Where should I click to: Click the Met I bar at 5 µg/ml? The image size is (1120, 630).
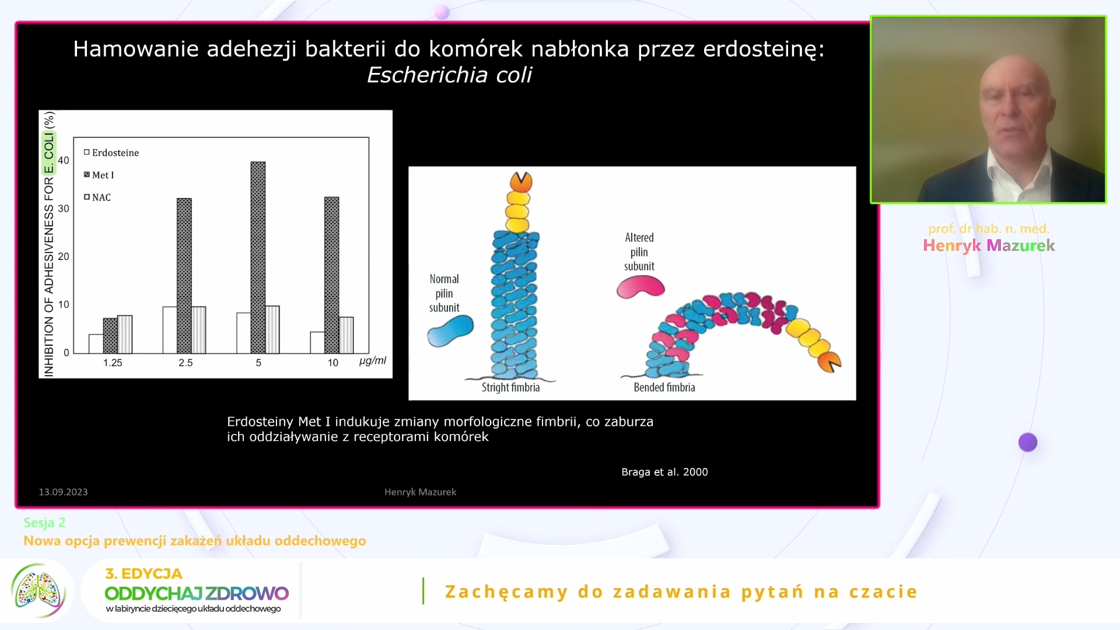click(258, 257)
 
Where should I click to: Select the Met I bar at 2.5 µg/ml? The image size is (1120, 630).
click(184, 276)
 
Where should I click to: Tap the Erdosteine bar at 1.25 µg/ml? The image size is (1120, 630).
click(96, 344)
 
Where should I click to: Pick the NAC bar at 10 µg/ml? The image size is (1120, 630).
click(346, 335)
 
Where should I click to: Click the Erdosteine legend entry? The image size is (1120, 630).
click(111, 153)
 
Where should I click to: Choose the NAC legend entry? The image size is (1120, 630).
click(97, 198)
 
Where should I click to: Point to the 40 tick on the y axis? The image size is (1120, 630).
click(64, 160)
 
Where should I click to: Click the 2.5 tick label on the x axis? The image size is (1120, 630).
click(185, 363)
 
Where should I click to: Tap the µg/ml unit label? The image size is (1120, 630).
click(373, 360)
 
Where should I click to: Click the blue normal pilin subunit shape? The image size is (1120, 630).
click(450, 331)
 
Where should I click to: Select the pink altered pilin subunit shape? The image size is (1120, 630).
click(640, 287)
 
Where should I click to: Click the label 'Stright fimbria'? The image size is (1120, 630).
click(510, 387)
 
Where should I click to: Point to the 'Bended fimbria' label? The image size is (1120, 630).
click(664, 387)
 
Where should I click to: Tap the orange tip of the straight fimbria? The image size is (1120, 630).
click(521, 182)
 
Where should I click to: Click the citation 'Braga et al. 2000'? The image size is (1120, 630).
click(664, 472)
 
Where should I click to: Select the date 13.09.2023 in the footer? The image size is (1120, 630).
click(63, 492)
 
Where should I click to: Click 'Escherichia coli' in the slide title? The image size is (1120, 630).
click(449, 75)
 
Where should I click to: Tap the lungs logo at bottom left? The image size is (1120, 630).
click(38, 591)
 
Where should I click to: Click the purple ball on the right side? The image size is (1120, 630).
click(1028, 442)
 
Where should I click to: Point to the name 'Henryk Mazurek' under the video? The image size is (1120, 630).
click(989, 246)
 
